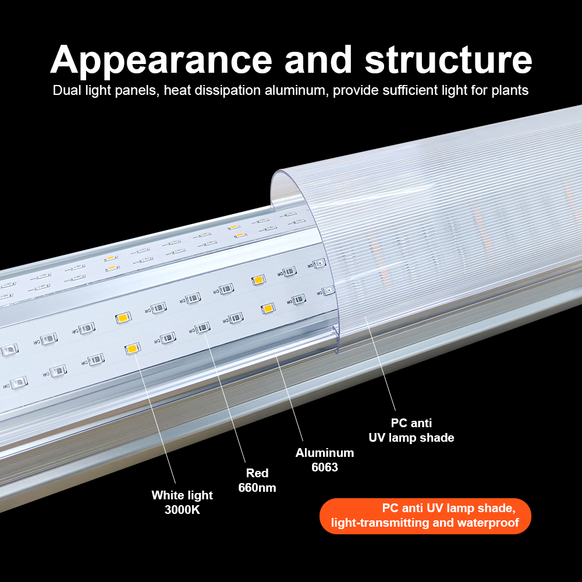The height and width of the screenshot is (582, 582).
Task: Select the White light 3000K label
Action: pyautogui.click(x=182, y=502)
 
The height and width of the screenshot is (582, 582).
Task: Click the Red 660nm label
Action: pyautogui.click(x=257, y=480)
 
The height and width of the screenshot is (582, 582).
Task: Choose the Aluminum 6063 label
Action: pyautogui.click(x=325, y=460)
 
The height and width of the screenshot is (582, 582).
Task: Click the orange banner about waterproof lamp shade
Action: pyautogui.click(x=425, y=516)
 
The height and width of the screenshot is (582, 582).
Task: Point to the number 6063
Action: pyautogui.click(x=325, y=467)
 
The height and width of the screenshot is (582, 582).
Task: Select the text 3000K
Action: pyautogui.click(x=182, y=510)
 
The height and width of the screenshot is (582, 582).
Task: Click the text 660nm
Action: pyautogui.click(x=257, y=488)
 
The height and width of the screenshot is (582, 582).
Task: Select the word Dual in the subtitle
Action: pyautogui.click(x=65, y=91)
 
